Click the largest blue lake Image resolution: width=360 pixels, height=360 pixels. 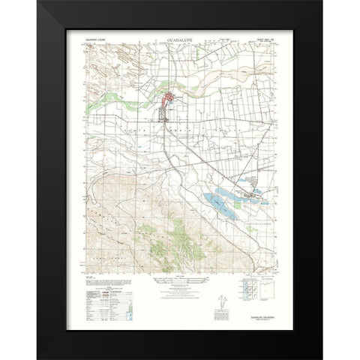217,200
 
